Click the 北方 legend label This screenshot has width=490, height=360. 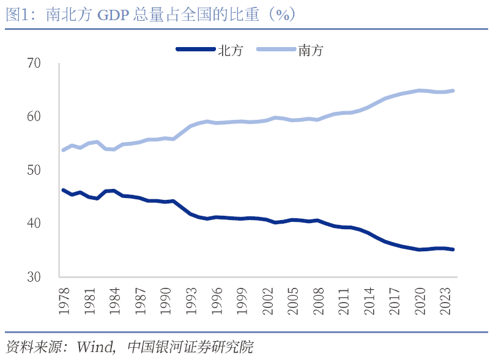[x=231, y=51]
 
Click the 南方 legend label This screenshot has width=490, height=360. [x=311, y=51]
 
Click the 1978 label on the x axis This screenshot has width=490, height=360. [x=64, y=300]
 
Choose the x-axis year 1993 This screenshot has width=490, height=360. [x=192, y=300]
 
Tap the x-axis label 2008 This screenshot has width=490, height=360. [x=317, y=300]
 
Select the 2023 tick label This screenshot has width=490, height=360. [x=445, y=300]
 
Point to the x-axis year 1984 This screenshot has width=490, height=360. [x=114, y=300]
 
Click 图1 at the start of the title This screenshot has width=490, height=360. [x=17, y=15]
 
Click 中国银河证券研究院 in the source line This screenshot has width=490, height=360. [x=190, y=347]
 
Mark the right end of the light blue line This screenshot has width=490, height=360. [x=453, y=90]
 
